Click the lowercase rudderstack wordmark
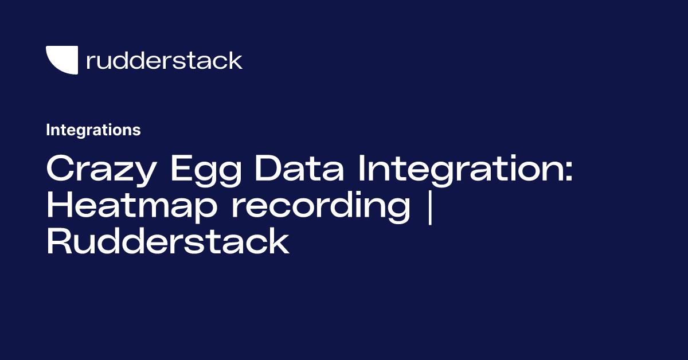pos(165,60)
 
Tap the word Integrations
pos(93,130)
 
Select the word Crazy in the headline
pos(101,170)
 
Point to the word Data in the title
pos(300,169)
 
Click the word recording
pos(321,206)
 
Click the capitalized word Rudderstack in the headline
pos(168,241)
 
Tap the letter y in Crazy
pos(144,174)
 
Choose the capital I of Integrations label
pos(48,130)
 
